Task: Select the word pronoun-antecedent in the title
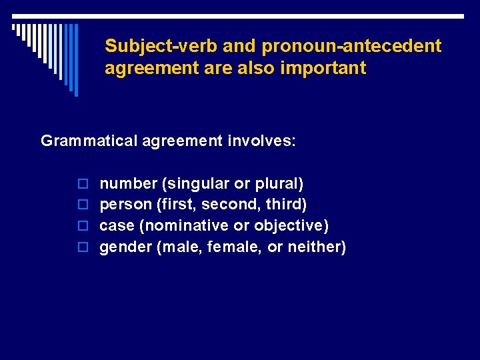pos(351,46)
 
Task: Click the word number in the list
pos(127,183)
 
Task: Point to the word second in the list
pos(225,205)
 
